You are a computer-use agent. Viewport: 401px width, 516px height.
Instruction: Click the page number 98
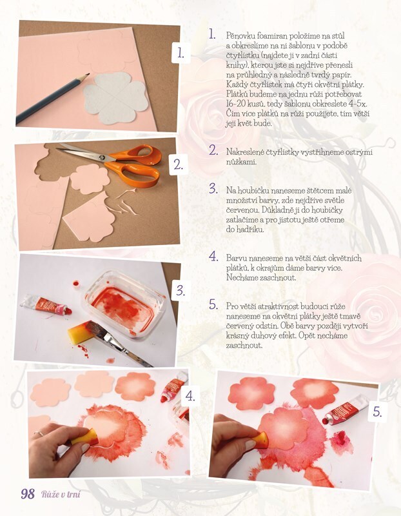pos(28,494)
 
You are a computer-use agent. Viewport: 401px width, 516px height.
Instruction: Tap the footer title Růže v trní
pos(61,494)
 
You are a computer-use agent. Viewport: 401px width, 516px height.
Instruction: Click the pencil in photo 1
pos(53,98)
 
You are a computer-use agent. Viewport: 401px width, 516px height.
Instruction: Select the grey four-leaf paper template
pos(115,98)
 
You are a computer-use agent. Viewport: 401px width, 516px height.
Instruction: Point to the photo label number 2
pos(179,164)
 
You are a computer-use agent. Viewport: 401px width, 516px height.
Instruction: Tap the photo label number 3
pos(181,290)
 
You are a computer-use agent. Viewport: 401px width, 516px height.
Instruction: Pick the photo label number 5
pos(377,412)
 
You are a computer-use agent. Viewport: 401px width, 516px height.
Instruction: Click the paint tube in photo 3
pos(46,304)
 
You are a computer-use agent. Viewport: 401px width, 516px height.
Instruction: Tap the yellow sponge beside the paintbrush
pos(78,332)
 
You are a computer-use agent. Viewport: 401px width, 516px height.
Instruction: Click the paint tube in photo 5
pos(344,409)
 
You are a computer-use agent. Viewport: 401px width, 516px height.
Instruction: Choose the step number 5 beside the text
pos(213,304)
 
